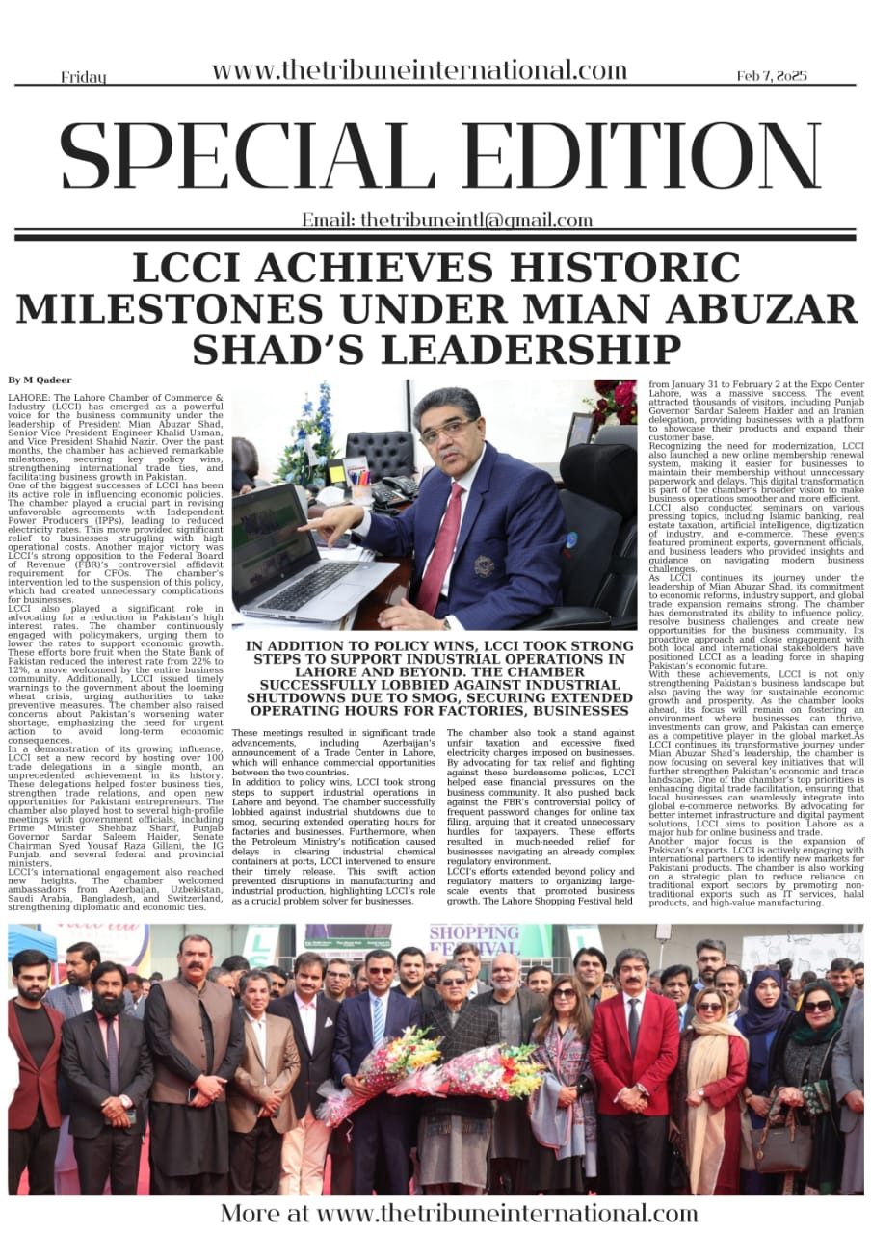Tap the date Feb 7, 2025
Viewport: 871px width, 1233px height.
[x=772, y=75]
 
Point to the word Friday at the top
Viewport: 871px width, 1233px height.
[x=84, y=77]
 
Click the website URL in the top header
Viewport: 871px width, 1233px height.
[x=419, y=70]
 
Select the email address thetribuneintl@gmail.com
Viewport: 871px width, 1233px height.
[x=447, y=220]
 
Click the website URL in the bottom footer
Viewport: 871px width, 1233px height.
[x=459, y=1212]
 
